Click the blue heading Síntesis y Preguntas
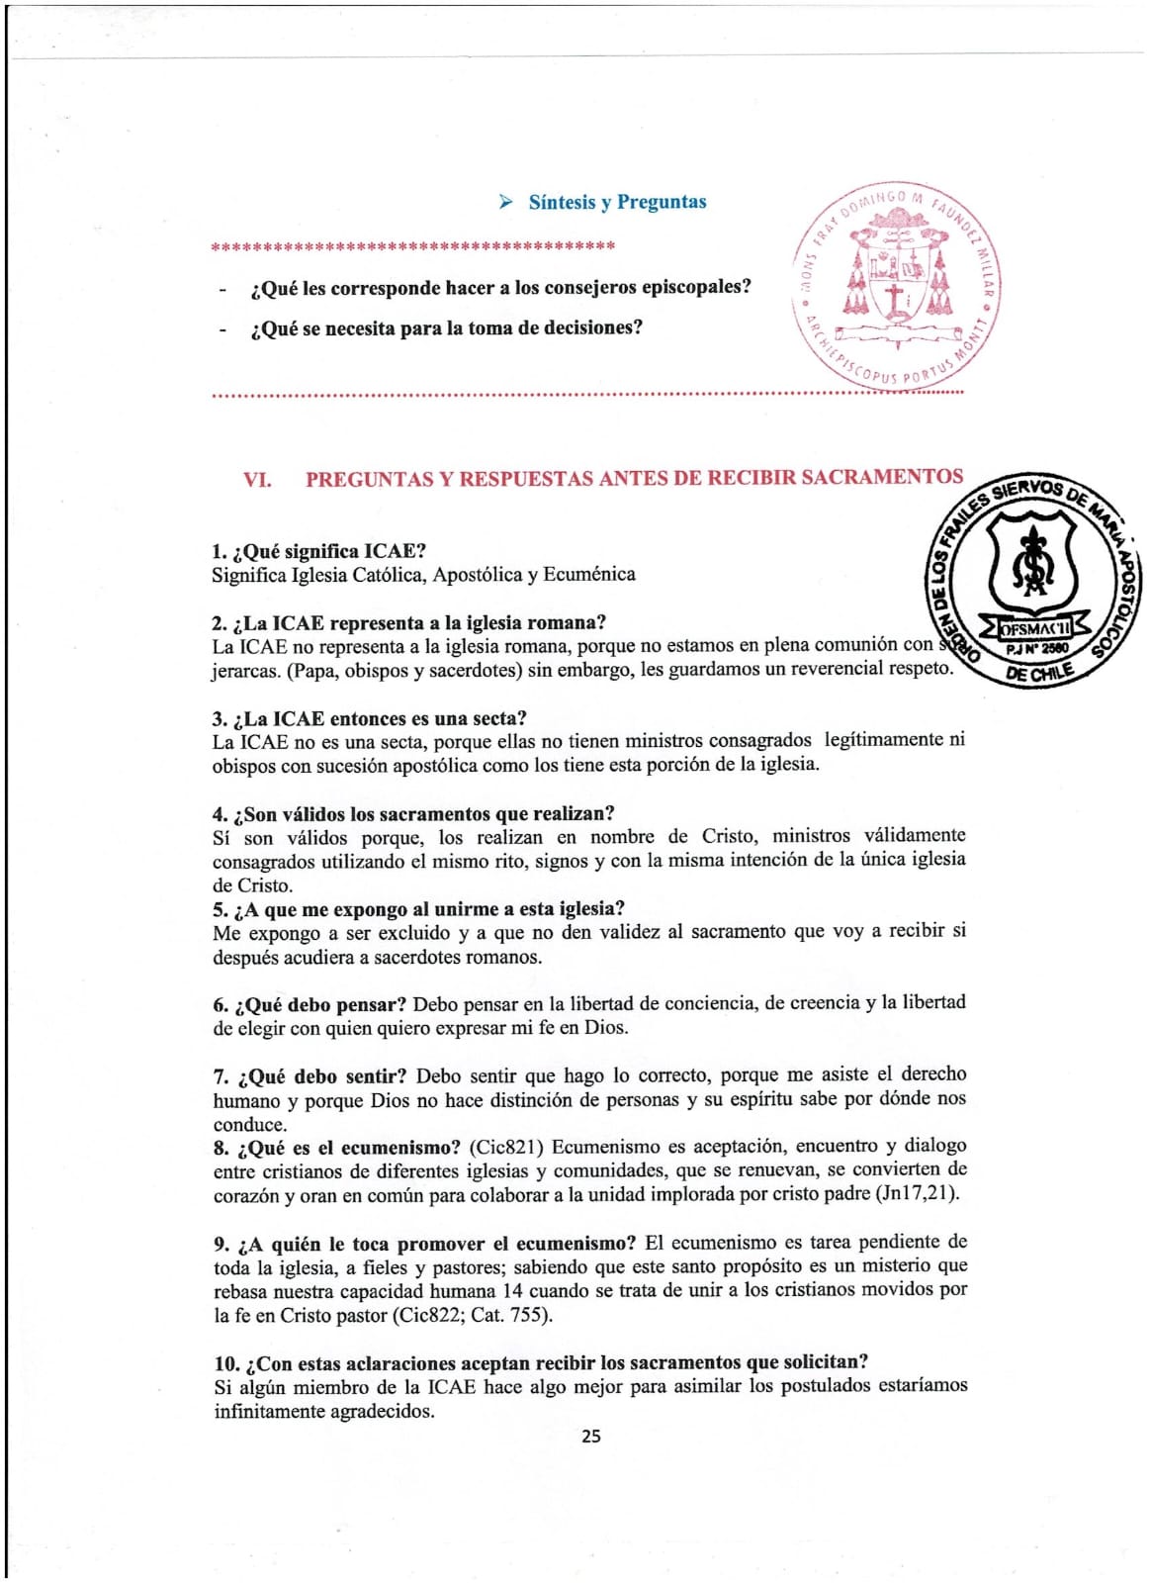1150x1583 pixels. click(617, 202)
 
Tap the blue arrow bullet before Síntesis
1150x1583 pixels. click(506, 202)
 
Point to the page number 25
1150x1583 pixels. click(590, 1436)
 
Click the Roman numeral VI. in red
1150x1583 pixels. click(257, 480)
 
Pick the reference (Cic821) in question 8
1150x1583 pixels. click(505, 1147)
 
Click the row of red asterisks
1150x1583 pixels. click(413, 245)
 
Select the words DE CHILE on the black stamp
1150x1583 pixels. click(1038, 675)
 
